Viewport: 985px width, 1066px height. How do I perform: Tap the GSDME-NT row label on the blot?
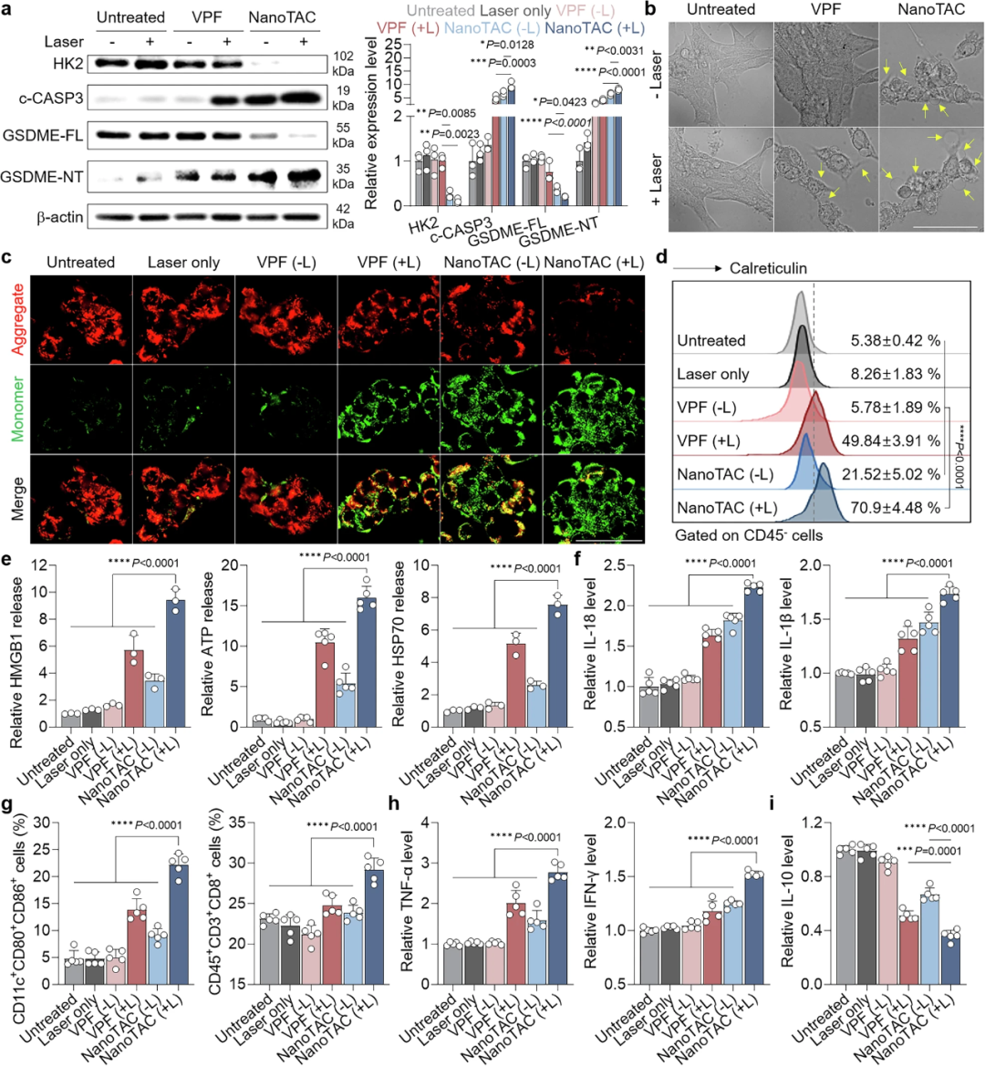point(43,177)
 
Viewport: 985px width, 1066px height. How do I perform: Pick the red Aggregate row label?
point(16,319)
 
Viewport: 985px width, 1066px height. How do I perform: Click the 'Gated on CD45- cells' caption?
point(749,535)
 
